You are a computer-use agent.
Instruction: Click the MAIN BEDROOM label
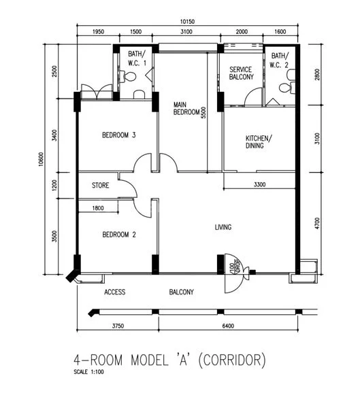point(186,107)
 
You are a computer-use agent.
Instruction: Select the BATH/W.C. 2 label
point(280,60)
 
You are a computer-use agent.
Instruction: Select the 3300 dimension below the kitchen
point(259,185)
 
